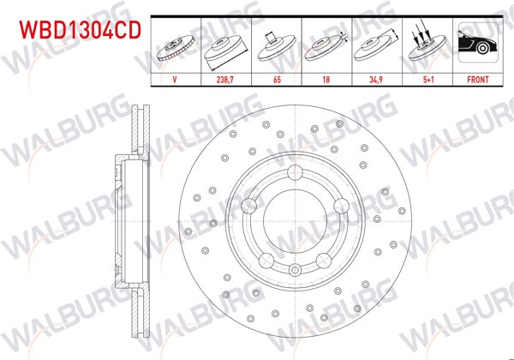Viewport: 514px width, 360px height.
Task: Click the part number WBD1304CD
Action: (x=75, y=31)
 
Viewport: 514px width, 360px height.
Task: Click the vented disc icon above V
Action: (x=176, y=46)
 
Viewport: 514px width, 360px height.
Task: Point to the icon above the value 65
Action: (x=277, y=46)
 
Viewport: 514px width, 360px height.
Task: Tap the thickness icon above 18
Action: (x=326, y=46)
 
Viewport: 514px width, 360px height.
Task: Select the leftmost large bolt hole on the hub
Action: (x=250, y=206)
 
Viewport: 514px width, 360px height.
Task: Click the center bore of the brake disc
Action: (x=296, y=224)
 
